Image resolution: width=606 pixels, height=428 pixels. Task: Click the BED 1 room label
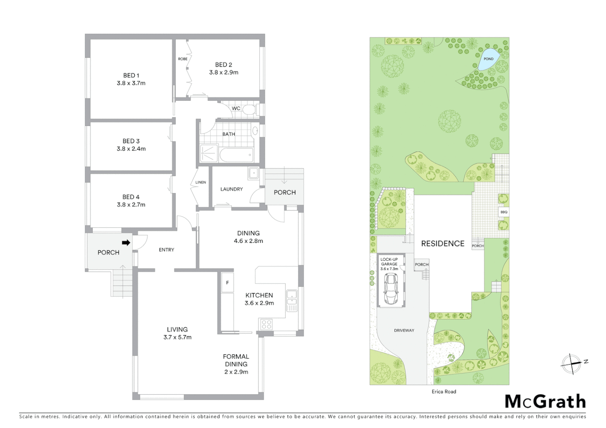(131, 75)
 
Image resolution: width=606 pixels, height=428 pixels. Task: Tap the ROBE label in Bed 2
(183, 59)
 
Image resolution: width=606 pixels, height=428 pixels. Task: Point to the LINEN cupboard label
(201, 182)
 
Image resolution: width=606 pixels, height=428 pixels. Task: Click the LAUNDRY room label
(232, 189)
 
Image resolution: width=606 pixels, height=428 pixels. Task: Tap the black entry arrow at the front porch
(126, 243)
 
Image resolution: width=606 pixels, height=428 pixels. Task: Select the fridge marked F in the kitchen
(228, 283)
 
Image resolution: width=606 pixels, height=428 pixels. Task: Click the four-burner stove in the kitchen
(267, 325)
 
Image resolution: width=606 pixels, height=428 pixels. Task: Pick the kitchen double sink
(292, 301)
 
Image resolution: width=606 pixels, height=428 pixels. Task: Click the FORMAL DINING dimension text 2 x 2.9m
(236, 372)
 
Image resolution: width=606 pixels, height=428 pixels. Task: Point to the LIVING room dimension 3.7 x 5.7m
(177, 337)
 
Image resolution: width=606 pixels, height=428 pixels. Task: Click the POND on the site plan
(488, 59)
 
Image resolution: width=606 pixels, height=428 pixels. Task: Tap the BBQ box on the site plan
(504, 212)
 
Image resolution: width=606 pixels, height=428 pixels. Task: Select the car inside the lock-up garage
(391, 289)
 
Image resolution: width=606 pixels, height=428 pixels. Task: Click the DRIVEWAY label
(404, 330)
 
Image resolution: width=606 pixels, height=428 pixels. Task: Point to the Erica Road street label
(444, 392)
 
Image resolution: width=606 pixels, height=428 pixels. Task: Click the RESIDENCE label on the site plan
(443, 244)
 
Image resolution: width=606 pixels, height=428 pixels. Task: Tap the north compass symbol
(571, 363)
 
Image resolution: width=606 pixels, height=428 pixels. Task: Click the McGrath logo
(545, 401)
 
